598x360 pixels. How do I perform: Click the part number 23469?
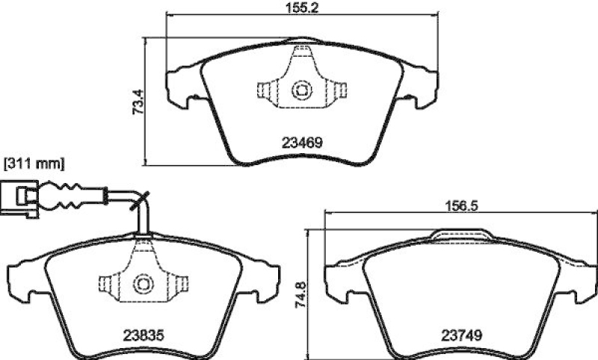(x=301, y=141)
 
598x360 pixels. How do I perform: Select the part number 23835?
(x=144, y=335)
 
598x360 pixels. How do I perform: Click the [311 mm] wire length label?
(x=34, y=161)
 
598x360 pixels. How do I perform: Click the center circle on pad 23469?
(x=301, y=91)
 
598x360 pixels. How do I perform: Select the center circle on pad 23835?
(x=143, y=284)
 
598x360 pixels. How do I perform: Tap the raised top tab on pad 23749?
(x=460, y=238)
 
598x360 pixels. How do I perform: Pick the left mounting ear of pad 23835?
(x=24, y=278)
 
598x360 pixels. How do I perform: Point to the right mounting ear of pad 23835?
(x=262, y=278)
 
